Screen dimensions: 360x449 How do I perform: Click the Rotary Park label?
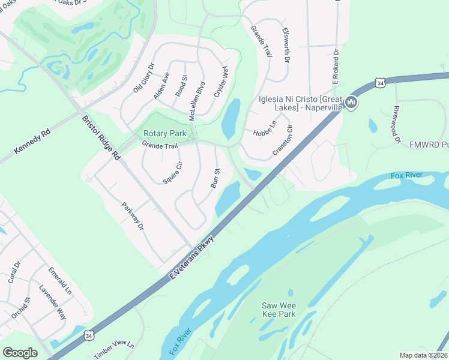[164, 133]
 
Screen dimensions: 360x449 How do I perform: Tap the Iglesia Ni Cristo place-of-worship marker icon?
[352, 103]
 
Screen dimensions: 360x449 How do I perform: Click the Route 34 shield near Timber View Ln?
[89, 334]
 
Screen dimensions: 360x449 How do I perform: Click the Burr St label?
[217, 178]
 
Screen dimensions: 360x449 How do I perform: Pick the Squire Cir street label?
[172, 172]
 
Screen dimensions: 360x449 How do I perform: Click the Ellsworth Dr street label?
[286, 48]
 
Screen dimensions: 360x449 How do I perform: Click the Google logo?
[20, 353]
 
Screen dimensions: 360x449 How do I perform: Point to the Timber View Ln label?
[115, 350]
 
